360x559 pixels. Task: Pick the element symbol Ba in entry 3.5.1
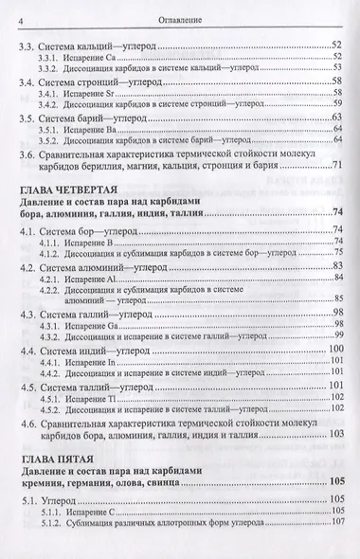click(115, 132)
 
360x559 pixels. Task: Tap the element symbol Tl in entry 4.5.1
click(114, 397)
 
